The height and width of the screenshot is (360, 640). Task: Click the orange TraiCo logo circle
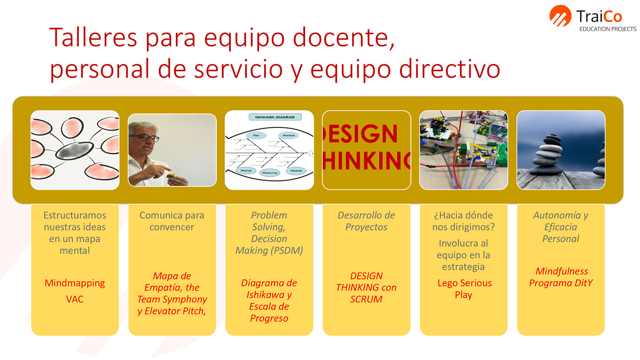click(x=560, y=16)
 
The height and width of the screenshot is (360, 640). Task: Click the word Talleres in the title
click(x=93, y=38)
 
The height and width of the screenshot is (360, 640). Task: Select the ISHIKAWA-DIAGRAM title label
click(x=275, y=117)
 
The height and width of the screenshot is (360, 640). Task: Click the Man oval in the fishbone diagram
click(x=256, y=136)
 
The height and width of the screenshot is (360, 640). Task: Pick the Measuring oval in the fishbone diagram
click(x=270, y=173)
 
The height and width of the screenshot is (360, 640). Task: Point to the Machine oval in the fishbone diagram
click(x=288, y=136)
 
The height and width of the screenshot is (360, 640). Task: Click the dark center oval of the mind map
click(x=74, y=151)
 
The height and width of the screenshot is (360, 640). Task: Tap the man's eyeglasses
click(x=145, y=138)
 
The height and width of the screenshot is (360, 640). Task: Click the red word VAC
click(x=75, y=299)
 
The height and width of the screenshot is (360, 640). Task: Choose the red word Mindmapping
click(x=75, y=283)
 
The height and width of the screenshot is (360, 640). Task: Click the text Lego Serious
click(x=465, y=283)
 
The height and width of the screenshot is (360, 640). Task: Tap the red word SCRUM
click(x=366, y=299)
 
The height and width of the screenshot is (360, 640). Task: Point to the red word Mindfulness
click(x=561, y=271)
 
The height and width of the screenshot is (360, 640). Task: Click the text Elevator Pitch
click(x=175, y=311)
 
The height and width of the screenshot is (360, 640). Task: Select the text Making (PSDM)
click(x=269, y=250)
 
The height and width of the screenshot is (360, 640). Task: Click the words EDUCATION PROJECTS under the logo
click(x=608, y=29)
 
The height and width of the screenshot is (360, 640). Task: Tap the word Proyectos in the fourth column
click(x=366, y=227)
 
